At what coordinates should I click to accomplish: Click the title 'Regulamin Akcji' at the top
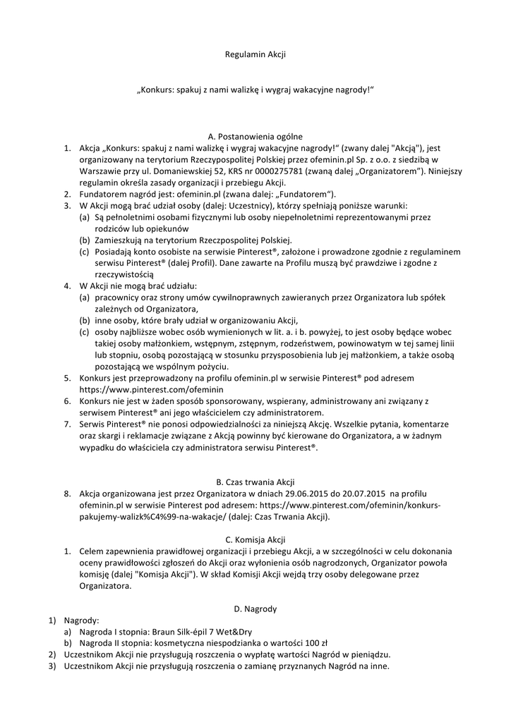[x=255, y=54]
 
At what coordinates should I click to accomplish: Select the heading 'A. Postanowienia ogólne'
[x=255, y=136]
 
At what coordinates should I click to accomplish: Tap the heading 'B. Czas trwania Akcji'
[x=255, y=482]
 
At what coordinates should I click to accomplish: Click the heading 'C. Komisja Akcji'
[x=255, y=539]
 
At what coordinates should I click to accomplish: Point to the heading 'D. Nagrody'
[x=255, y=608]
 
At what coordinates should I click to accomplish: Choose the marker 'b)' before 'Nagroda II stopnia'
[x=68, y=643]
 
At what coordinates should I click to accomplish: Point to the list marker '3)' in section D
[x=52, y=666]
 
